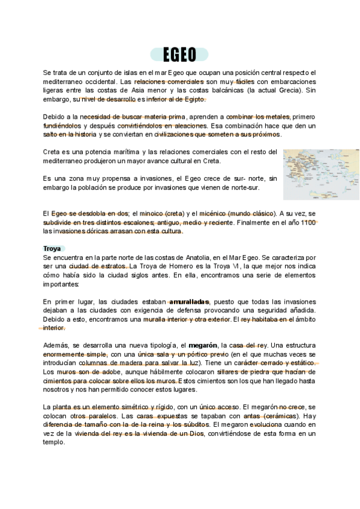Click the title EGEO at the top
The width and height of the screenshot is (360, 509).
[180, 55]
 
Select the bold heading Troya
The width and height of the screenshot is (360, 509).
[53, 248]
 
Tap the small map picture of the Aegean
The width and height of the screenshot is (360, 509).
[321, 175]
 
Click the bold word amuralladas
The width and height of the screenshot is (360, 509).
[190, 301]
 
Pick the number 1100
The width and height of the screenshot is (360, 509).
[308, 222]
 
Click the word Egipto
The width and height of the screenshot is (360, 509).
[193, 99]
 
